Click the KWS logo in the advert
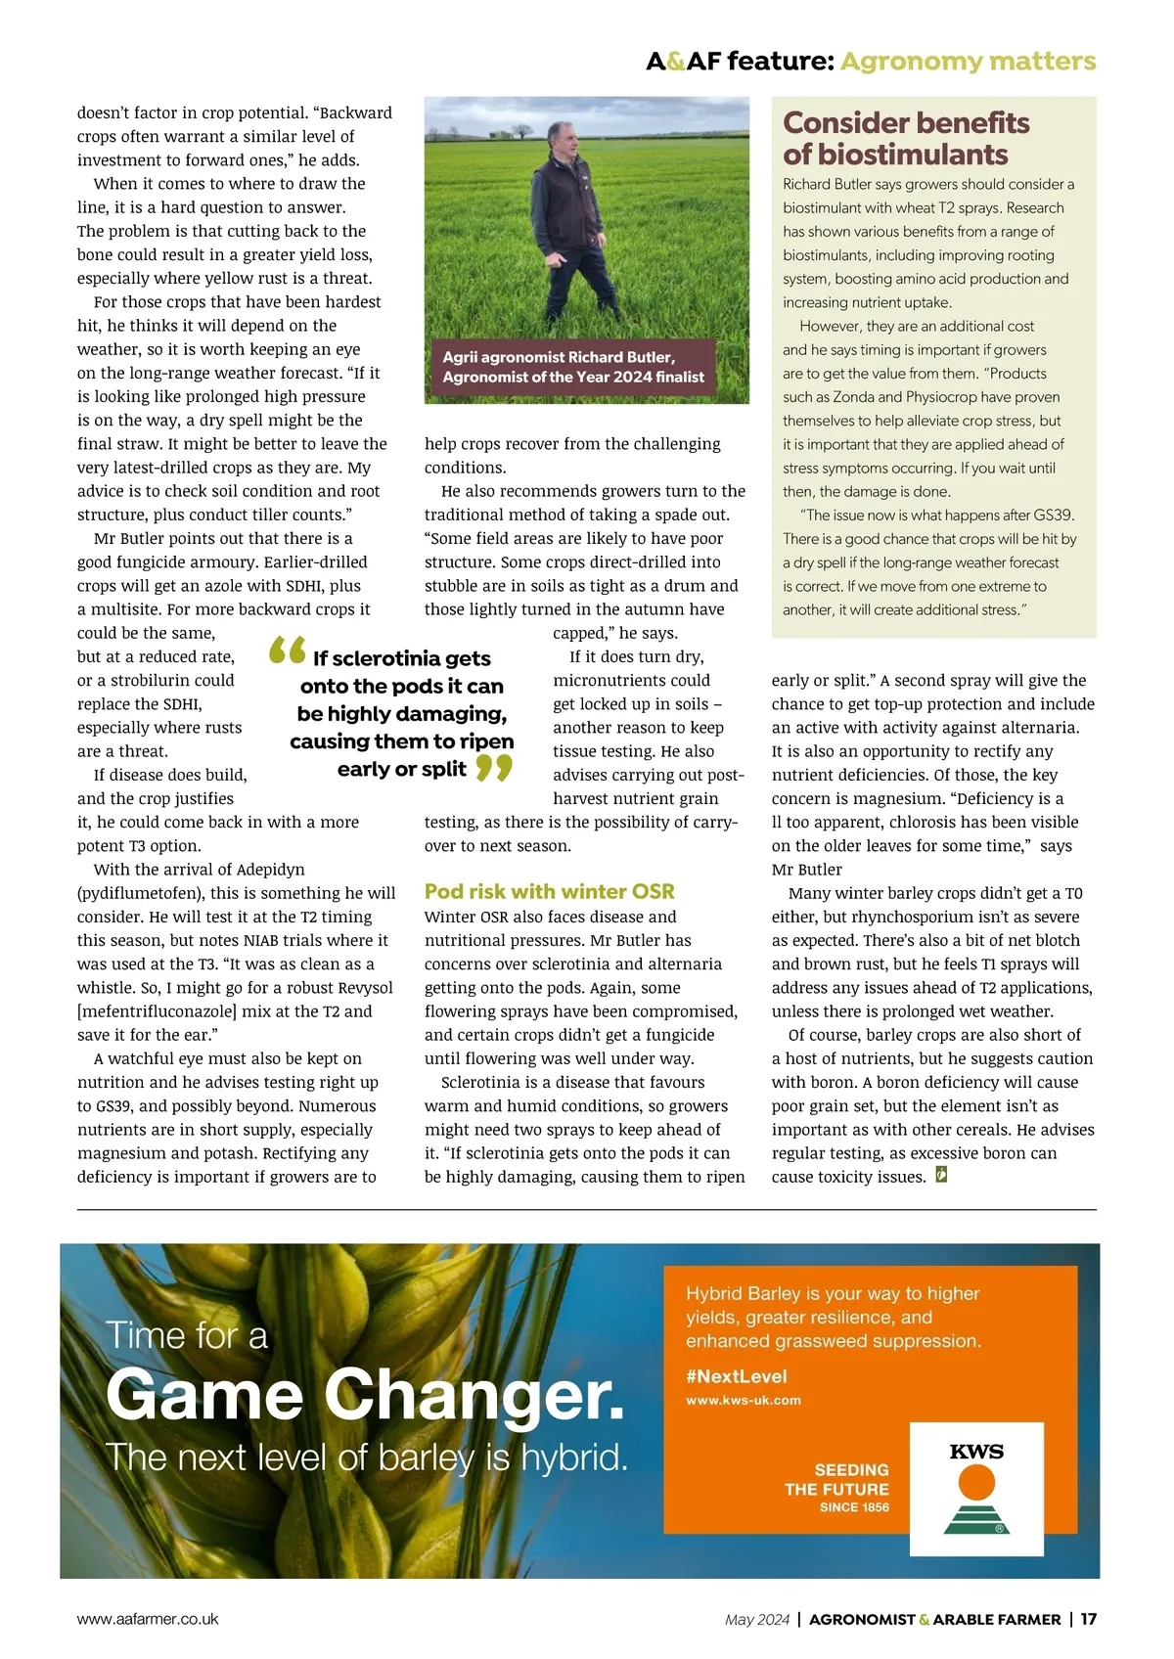[976, 1489]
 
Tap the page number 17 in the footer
[1089, 1619]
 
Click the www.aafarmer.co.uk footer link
[148, 1619]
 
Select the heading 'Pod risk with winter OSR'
[549, 891]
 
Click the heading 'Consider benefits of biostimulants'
[906, 138]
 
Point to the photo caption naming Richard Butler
[572, 367]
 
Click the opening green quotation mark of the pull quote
[287, 650]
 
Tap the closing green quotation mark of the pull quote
[494, 768]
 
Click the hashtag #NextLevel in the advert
[736, 1376]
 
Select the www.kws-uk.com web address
[743, 1401]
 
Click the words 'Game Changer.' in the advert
[364, 1396]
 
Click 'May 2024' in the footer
[756, 1619]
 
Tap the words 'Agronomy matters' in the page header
[968, 61]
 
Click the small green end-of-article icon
[941, 1175]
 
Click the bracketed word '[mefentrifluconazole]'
[157, 1011]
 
